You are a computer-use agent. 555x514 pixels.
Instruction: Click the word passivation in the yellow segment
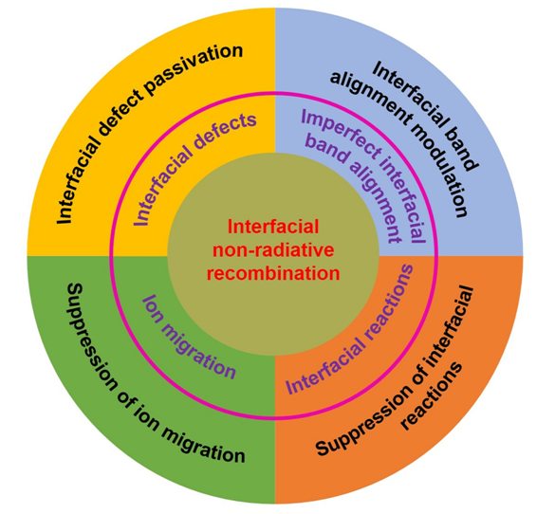pos(193,69)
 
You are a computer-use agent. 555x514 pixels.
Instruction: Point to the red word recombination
pos(273,274)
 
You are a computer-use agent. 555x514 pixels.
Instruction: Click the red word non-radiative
pos(273,250)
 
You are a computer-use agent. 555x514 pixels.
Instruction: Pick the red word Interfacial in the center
pos(273,227)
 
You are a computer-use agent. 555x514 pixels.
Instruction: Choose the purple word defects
pos(224,135)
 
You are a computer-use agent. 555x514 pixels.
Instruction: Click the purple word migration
pos(198,354)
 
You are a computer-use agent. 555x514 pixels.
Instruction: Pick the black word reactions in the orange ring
pos(432,395)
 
